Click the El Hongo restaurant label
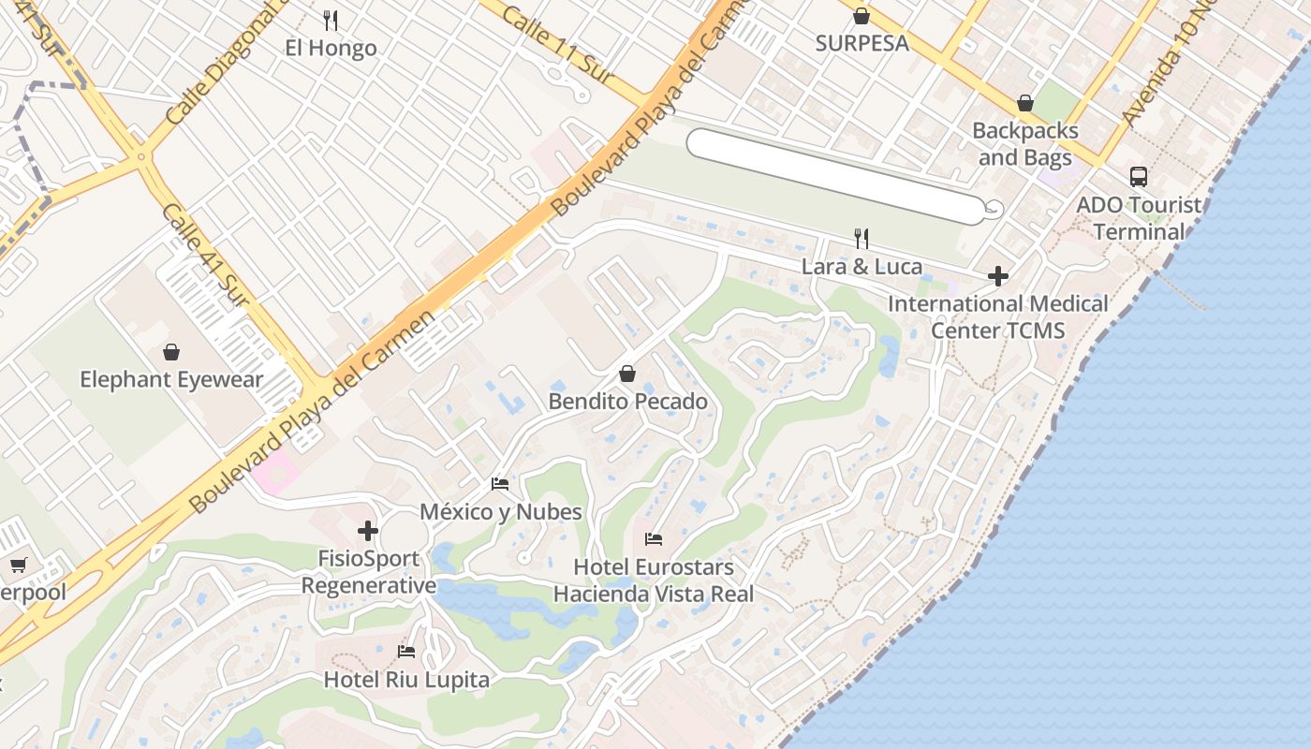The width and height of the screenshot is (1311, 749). [331, 48]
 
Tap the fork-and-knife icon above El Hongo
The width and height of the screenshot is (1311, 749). [331, 19]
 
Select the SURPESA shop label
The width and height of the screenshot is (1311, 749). [862, 43]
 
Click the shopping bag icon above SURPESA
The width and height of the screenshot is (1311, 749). [862, 15]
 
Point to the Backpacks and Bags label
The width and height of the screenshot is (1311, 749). [1024, 143]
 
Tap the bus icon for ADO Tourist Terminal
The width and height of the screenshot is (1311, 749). [1138, 176]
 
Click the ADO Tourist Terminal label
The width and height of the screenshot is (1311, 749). [1139, 218]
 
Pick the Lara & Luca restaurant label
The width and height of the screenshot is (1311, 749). [862, 267]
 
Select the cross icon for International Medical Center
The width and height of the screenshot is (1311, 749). [998, 276]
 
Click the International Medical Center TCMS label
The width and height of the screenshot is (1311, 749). [998, 316]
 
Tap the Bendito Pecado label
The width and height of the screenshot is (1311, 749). [627, 402]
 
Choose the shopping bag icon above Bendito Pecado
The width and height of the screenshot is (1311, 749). [627, 374]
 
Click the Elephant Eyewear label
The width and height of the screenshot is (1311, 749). [171, 379]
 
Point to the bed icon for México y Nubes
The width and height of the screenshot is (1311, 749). [500, 484]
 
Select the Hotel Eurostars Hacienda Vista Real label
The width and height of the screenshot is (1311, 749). [654, 580]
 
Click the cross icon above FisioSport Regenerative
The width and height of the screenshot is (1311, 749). [368, 531]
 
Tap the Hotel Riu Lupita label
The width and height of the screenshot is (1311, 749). [406, 679]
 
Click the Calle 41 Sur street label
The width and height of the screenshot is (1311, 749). [203, 254]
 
